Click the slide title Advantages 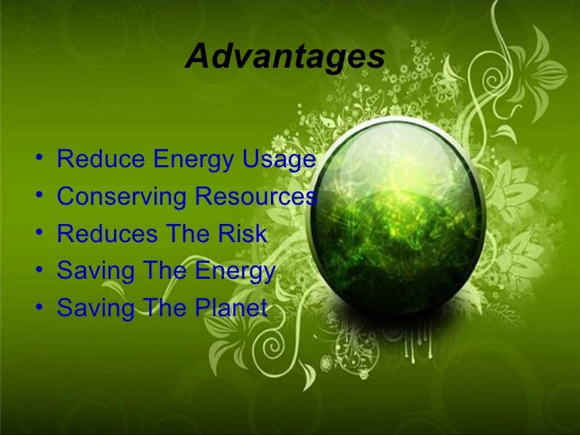click(x=284, y=57)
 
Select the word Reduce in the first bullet click(x=96, y=160)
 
